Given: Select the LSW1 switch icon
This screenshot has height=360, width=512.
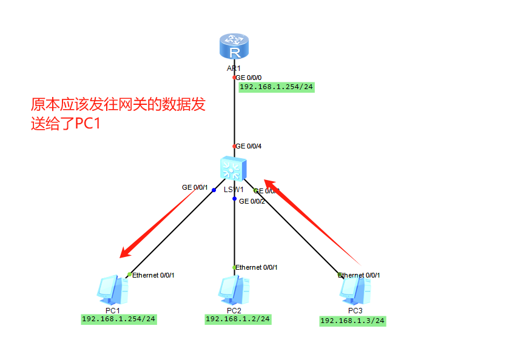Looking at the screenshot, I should pyautogui.click(x=234, y=167).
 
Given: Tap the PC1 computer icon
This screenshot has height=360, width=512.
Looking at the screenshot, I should pyautogui.click(x=113, y=290).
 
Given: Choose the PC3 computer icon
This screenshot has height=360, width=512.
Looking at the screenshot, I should pyautogui.click(x=355, y=290).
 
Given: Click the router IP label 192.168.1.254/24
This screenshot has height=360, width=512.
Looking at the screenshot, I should pyautogui.click(x=277, y=87).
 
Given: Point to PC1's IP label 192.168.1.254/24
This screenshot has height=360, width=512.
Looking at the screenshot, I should pyautogui.click(x=119, y=319).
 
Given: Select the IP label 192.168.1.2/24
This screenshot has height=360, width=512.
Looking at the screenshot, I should pyautogui.click(x=238, y=319).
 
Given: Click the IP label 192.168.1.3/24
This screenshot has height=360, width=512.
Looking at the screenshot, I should pyautogui.click(x=352, y=321).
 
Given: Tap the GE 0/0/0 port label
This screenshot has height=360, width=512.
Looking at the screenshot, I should pyautogui.click(x=249, y=78).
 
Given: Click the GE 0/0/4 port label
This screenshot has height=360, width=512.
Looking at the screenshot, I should pyautogui.click(x=249, y=146).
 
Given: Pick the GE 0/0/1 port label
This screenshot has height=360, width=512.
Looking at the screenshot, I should pyautogui.click(x=195, y=188).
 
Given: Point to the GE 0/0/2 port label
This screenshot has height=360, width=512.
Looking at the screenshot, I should pyautogui.click(x=252, y=201).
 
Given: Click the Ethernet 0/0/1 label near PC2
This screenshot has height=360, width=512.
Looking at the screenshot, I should pyautogui.click(x=256, y=267).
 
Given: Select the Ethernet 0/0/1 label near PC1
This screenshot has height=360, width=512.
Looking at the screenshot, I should pyautogui.click(x=153, y=275).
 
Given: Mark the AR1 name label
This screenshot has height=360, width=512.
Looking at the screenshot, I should pyautogui.click(x=234, y=68).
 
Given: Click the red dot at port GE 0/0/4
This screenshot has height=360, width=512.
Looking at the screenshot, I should pyautogui.click(x=234, y=146).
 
